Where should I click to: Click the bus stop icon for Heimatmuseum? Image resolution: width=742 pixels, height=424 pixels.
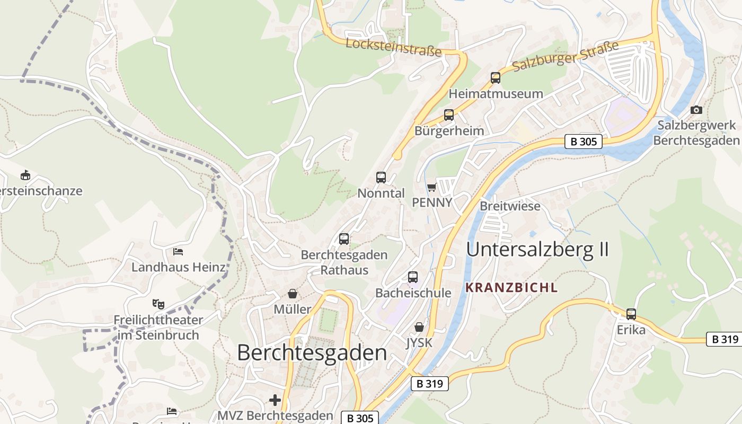tap(496, 78)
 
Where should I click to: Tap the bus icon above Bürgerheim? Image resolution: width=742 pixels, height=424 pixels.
tap(449, 115)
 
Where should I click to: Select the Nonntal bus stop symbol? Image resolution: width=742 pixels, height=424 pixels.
tap(381, 178)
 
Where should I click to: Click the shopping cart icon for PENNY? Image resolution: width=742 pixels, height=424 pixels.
tap(432, 187)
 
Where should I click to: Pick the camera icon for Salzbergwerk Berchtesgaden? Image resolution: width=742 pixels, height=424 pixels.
tap(696, 110)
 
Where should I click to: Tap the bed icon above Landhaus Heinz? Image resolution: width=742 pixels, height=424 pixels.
tap(178, 251)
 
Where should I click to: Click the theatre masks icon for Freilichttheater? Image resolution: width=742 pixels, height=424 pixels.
tap(158, 304)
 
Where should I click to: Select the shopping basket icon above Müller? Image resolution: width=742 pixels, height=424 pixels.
tap(292, 294)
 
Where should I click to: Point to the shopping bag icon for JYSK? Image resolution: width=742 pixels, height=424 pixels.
tap(419, 327)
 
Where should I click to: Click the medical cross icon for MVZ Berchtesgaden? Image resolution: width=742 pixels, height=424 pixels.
tap(275, 400)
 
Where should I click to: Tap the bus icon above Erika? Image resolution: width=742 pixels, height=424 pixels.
tap(631, 314)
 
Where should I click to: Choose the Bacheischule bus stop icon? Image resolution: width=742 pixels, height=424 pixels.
tap(413, 277)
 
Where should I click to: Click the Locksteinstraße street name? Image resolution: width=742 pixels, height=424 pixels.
tap(393, 47)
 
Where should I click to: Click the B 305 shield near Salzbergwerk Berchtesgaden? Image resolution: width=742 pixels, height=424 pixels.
tap(583, 142)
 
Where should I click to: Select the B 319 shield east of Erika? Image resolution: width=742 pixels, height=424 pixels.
tap(724, 339)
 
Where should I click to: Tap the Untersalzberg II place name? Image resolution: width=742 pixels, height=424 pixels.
tap(537, 249)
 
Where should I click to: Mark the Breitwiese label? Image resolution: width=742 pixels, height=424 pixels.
tap(510, 206)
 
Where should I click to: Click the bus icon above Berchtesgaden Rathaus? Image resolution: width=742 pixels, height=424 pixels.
tap(344, 239)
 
